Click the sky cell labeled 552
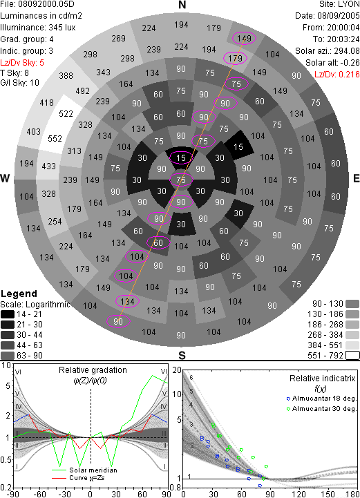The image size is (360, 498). click(55, 139)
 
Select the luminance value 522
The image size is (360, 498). click(66, 114)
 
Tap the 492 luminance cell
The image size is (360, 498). click(83, 91)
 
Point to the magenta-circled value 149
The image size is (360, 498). click(244, 39)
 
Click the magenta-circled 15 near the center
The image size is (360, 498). click(181, 158)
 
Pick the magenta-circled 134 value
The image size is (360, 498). click(127, 301)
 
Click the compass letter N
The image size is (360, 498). click(182, 5)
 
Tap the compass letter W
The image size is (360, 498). click(5, 178)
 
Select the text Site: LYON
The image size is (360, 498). click(339, 4)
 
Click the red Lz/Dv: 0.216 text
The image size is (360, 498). click(337, 75)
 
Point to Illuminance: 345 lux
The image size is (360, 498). click(38, 28)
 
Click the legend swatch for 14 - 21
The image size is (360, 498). click(8, 314)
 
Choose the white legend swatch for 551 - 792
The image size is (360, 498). click(352, 355)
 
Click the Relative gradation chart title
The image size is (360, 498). click(93, 370)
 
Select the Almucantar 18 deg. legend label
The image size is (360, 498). click(324, 399)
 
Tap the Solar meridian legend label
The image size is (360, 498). click(93, 470)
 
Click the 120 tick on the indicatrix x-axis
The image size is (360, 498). click(299, 494)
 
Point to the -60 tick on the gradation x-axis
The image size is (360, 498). click(39, 494)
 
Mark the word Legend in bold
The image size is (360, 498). click(19, 294)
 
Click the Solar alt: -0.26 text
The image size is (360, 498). click(332, 63)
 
